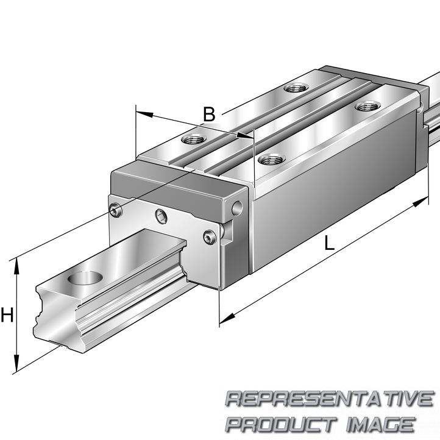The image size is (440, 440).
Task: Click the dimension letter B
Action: (x=209, y=113)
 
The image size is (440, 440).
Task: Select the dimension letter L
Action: (x=329, y=243)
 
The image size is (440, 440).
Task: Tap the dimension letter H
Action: (x=7, y=316)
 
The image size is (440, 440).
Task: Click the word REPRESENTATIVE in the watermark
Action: (x=329, y=399)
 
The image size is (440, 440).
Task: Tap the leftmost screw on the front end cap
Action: (x=117, y=210)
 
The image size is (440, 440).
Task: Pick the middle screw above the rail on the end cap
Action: (x=160, y=215)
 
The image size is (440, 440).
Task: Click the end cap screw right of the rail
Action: (x=209, y=238)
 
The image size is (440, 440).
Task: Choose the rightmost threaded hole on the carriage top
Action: (x=366, y=107)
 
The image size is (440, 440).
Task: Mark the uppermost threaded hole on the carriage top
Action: (x=297, y=88)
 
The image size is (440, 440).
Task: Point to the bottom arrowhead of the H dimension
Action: (x=17, y=365)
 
